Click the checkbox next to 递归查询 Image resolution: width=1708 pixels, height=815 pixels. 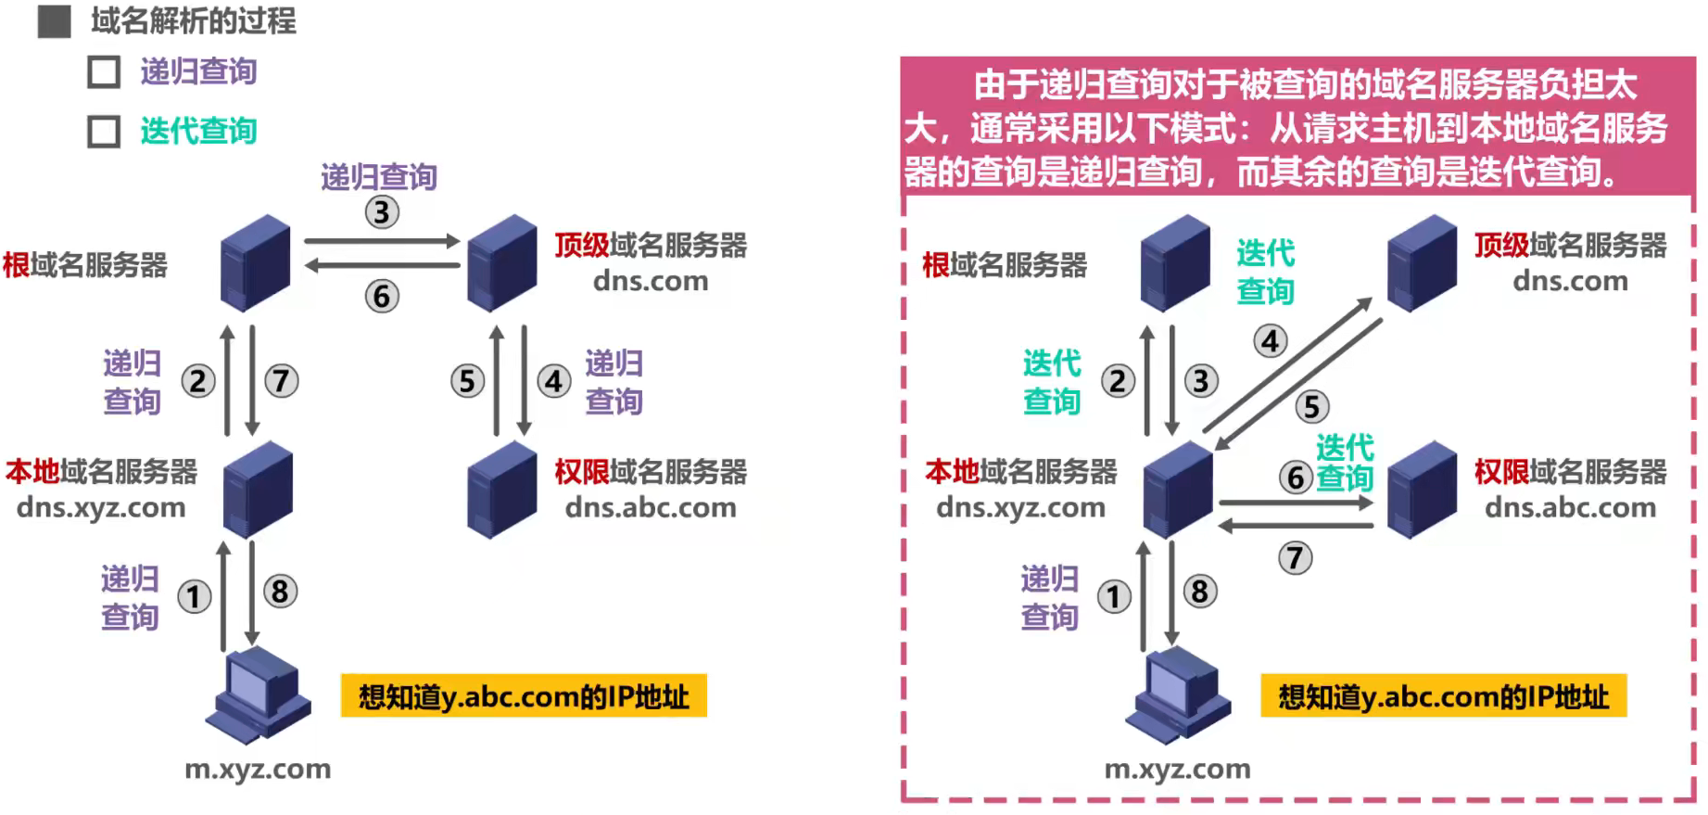[104, 72]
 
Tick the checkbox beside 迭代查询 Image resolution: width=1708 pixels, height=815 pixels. [104, 132]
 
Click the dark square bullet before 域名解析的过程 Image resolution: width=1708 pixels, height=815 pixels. [54, 21]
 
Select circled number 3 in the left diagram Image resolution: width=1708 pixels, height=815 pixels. [382, 212]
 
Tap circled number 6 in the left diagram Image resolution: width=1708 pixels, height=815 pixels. [382, 297]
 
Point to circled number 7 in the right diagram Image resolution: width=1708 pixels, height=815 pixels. [1295, 558]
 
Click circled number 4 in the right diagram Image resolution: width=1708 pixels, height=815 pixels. [1271, 341]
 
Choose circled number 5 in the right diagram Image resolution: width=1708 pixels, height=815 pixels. [1311, 406]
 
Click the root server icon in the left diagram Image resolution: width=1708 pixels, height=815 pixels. [255, 262]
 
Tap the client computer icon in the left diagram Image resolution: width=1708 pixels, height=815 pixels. [257, 694]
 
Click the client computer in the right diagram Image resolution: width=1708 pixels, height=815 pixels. [1177, 694]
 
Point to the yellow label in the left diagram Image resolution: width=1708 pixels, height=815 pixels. [524, 696]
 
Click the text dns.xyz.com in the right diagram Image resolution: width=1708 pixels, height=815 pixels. [1020, 508]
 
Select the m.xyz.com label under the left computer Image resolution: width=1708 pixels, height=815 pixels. [258, 770]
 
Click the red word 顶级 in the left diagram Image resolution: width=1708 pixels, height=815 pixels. [581, 246]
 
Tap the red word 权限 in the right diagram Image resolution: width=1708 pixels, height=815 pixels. [1501, 472]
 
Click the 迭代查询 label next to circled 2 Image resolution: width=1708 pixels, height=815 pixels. [1052, 382]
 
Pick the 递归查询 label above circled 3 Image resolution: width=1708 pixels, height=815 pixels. [379, 177]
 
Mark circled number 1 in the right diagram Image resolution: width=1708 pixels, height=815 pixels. [1114, 596]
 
